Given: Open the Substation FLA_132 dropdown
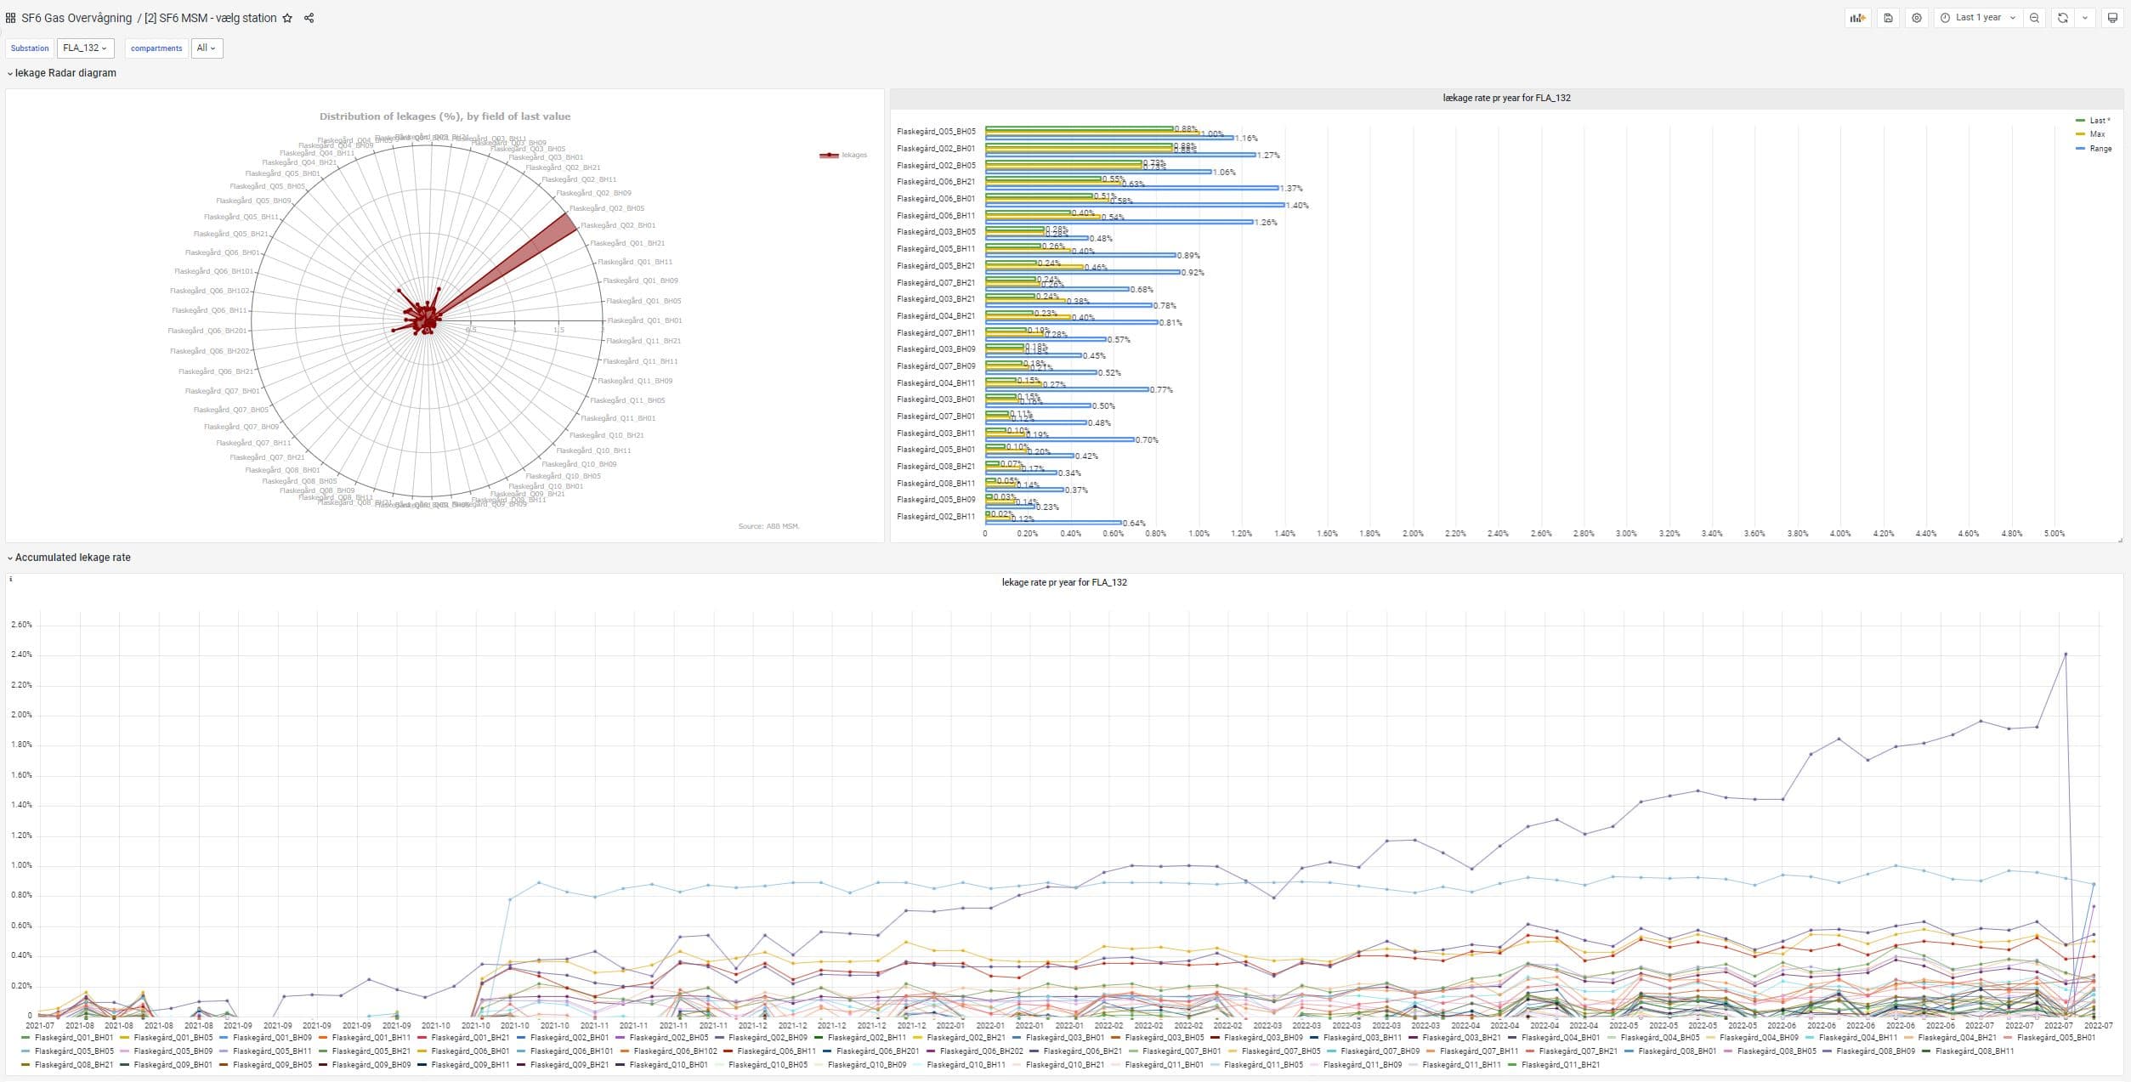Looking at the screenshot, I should click(85, 48).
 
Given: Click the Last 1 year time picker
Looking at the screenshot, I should click(1977, 18).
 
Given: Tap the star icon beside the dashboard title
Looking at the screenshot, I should click(287, 18).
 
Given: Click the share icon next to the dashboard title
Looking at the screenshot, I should click(309, 18).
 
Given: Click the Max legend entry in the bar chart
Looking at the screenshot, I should click(2097, 134).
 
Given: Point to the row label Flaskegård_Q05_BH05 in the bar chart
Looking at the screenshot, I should click(936, 132).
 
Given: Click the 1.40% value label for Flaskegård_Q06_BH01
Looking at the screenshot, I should click(1297, 206).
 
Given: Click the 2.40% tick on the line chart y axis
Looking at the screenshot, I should click(21, 654).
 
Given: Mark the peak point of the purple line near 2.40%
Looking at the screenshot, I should click(2066, 654).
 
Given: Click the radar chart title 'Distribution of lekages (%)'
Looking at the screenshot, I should click(445, 116).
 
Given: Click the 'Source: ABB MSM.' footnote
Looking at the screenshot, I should click(768, 526).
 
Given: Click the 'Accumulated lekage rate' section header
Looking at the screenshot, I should click(72, 558).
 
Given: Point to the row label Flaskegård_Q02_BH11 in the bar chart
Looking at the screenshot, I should click(936, 517).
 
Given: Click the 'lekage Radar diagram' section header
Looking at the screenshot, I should click(65, 73).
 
